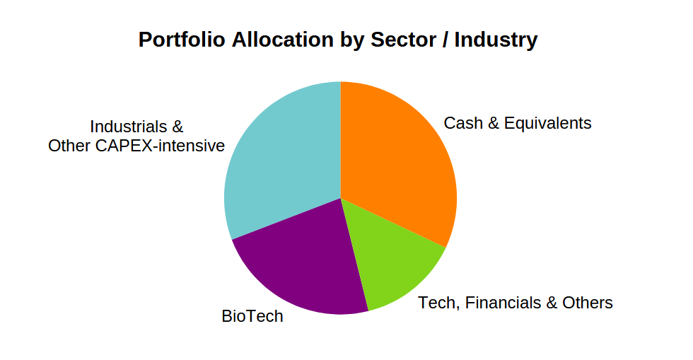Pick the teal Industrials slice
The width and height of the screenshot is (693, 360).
[283, 163]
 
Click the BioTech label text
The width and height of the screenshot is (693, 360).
[252, 316]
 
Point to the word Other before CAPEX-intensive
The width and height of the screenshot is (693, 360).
[69, 146]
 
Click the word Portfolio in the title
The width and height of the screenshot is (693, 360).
[182, 40]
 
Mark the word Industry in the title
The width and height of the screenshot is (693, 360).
[496, 40]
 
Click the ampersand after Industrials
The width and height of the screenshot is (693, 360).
[177, 127]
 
